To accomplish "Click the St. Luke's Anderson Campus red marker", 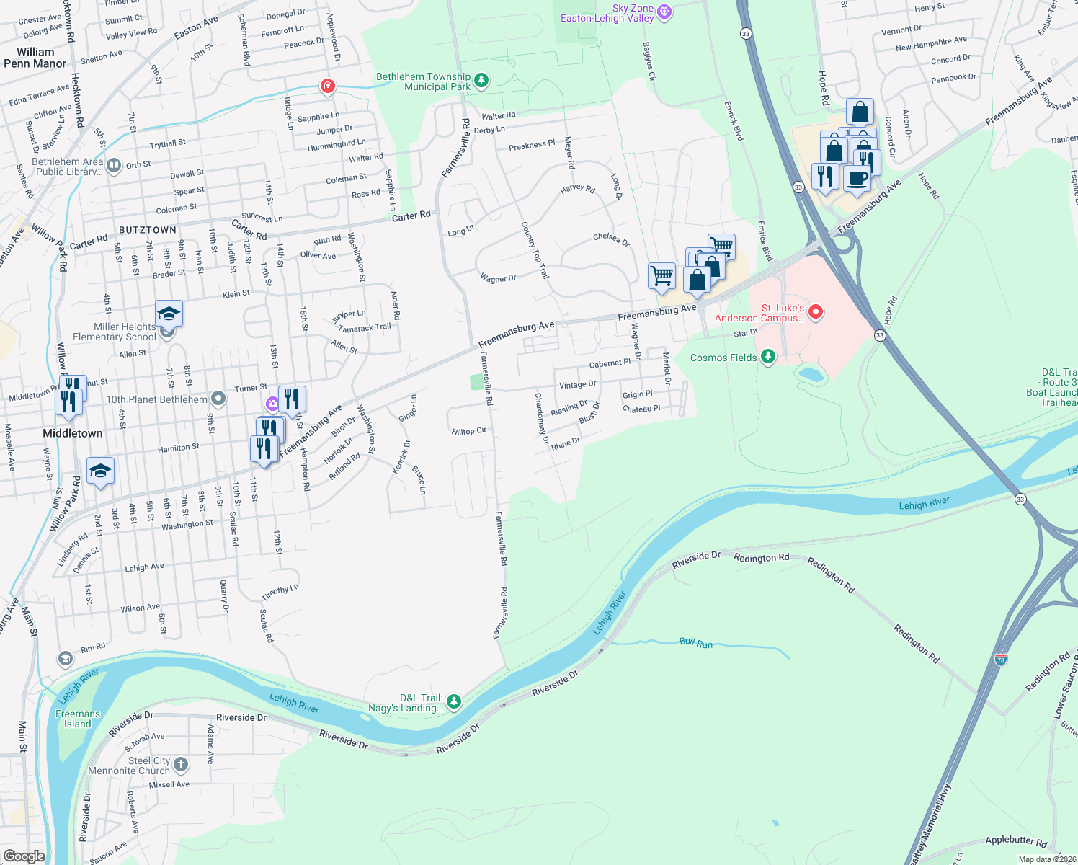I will (x=816, y=312).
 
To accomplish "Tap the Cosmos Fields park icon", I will (x=768, y=357).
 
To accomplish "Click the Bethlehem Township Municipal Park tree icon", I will (x=482, y=81).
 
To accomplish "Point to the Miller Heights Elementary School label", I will (x=114, y=332).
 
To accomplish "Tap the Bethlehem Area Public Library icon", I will (x=114, y=167).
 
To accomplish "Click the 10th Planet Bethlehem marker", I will (x=219, y=399).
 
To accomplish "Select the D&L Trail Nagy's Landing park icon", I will (x=453, y=701).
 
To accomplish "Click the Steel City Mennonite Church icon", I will (x=180, y=764).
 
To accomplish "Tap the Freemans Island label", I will (x=78, y=719).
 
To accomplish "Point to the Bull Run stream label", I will (x=695, y=642).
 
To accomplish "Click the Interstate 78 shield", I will (x=1000, y=659).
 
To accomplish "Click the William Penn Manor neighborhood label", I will (x=35, y=58).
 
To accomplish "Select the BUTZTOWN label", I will (x=147, y=230).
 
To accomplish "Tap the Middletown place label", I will (x=72, y=433).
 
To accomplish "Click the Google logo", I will (x=24, y=856).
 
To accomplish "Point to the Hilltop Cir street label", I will (x=469, y=431).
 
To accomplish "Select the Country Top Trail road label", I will (x=535, y=249).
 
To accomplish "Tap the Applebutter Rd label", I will (x=1015, y=840).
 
